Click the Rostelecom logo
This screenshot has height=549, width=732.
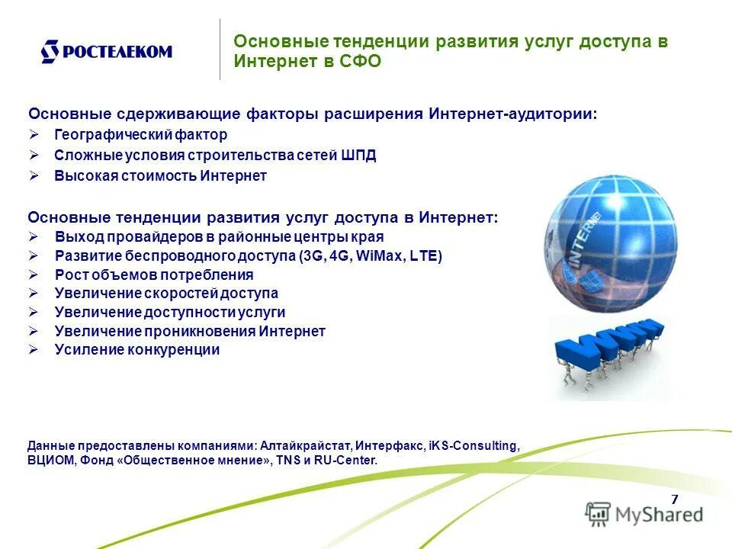[x=106, y=52]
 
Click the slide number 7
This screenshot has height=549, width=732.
[x=674, y=499]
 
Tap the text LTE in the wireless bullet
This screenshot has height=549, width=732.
[x=424, y=256]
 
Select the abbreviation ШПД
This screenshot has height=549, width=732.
[x=359, y=156]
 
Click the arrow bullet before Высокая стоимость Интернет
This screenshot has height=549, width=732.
[x=34, y=175]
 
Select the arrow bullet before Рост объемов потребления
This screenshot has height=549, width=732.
[x=34, y=274]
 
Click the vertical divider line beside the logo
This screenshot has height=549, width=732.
[x=220, y=50]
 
